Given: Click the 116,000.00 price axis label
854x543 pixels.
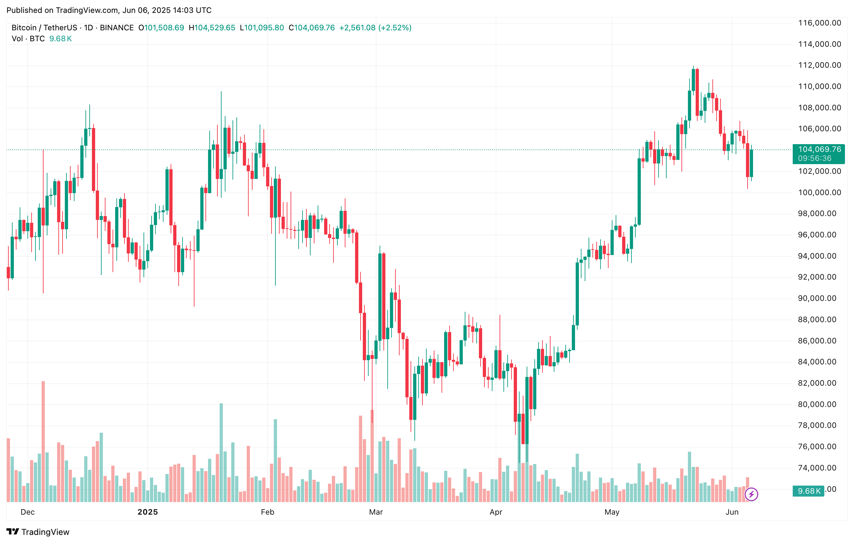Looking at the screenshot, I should pos(819,23).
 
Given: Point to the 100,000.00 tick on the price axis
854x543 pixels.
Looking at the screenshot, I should pos(819,193).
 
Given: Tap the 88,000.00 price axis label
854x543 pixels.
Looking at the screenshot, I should pos(819,320).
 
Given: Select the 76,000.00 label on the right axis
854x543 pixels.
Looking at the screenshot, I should pos(819,447).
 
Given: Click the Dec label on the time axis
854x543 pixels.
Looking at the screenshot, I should pos(28,512).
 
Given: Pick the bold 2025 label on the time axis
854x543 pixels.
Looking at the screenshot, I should pos(147,512).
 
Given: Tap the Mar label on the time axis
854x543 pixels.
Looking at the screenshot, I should pos(376,512).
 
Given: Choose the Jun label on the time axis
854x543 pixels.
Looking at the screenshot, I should pos(732,512).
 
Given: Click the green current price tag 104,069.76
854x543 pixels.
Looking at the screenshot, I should pos(819,150).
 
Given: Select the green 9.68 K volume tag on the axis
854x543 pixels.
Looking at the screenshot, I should pos(809,491).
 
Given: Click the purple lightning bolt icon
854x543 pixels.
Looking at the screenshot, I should pos(751,494).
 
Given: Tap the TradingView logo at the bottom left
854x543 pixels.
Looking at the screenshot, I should pos(38,532).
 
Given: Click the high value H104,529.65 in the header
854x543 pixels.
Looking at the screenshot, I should pos(212,28).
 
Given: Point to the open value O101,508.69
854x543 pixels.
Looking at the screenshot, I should pos(161,28).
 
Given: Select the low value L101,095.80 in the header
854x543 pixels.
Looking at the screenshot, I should pos(262,28).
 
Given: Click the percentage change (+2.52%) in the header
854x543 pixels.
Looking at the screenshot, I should pos(395,28).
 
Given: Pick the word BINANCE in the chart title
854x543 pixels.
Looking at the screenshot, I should pos(117,28).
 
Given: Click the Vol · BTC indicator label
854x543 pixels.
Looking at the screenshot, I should pos(28,39).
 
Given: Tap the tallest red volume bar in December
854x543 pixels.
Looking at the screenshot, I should pos(43,441).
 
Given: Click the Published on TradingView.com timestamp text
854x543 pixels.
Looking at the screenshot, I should pos(109,10).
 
